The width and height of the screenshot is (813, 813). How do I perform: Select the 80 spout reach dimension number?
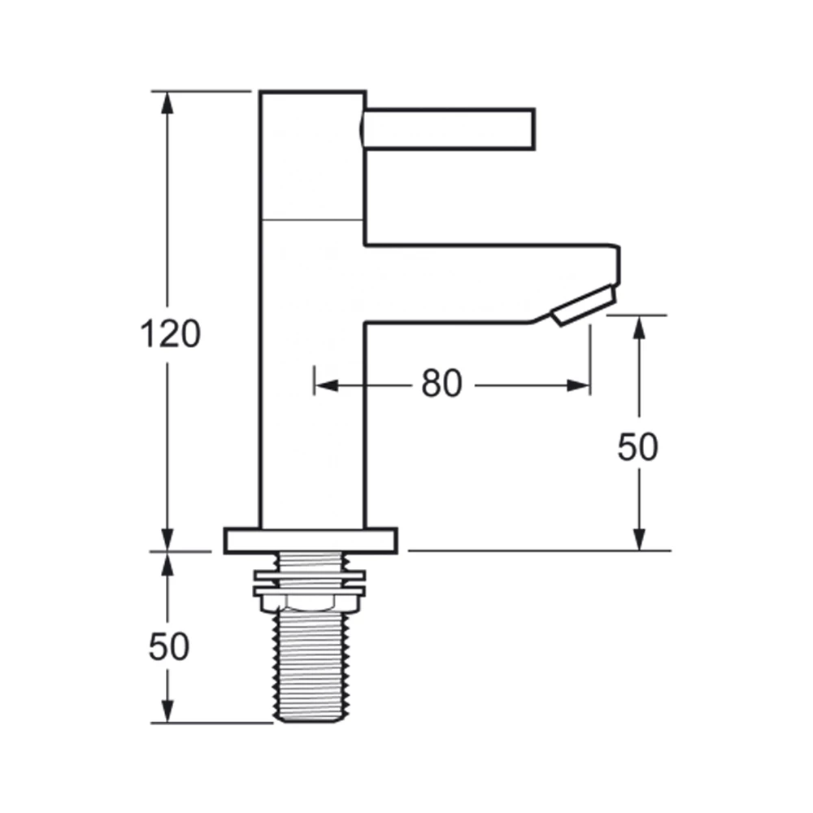(x=441, y=384)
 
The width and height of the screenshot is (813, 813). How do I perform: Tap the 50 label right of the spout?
(x=638, y=448)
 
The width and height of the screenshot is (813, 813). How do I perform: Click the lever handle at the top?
(x=449, y=129)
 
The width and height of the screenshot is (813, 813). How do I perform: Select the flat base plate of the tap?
(x=311, y=541)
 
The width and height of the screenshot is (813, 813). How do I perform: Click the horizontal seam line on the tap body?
(x=311, y=220)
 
